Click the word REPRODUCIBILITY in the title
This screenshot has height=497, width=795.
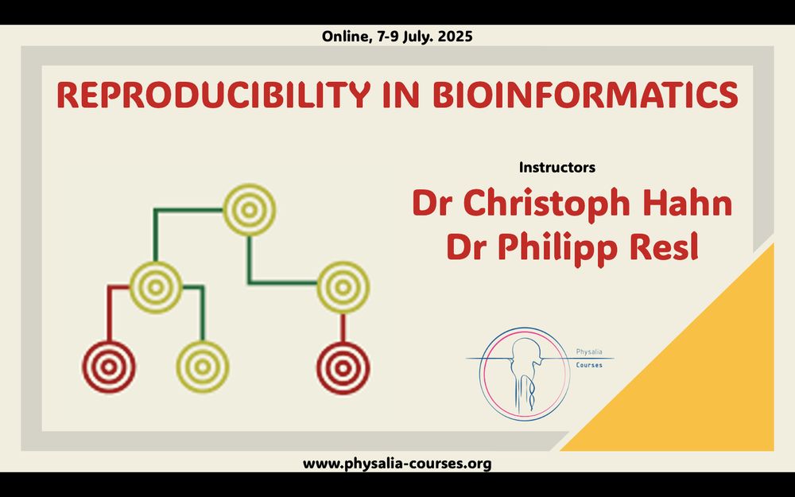coord(212,94)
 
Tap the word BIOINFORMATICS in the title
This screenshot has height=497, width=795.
coord(585,94)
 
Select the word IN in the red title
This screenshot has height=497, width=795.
coord(401,94)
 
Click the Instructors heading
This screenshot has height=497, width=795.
coord(557,167)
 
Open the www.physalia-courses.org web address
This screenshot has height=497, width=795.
coord(397,464)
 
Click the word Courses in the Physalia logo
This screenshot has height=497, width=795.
coord(589,365)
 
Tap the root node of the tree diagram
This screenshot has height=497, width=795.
coord(249,209)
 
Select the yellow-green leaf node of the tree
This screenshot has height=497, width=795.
coord(202,367)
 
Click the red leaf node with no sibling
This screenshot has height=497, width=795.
coord(343,367)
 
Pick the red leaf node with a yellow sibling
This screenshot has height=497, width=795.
coord(109,367)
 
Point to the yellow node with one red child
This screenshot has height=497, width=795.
coord(343,288)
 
